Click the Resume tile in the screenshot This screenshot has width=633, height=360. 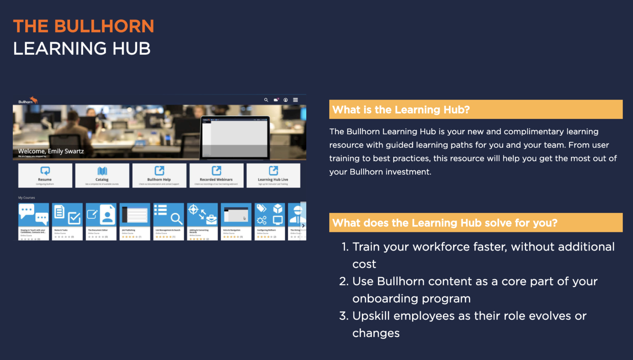point(45,175)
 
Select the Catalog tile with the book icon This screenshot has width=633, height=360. point(102,175)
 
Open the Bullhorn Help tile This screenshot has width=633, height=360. point(159,175)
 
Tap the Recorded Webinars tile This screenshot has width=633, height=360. point(216,175)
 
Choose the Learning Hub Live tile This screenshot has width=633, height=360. point(273,175)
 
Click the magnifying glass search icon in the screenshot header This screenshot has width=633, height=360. point(266,100)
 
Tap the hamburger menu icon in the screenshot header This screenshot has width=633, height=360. point(295,100)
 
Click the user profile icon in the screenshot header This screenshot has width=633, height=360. point(286,100)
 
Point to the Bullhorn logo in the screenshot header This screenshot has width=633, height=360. point(28,101)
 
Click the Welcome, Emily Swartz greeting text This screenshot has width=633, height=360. point(51,151)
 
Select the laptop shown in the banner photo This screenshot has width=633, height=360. point(235,138)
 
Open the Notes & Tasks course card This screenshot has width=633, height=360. point(67,221)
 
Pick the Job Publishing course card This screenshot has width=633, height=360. point(135,221)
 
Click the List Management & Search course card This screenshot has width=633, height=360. point(169,221)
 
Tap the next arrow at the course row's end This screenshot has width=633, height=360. point(303,226)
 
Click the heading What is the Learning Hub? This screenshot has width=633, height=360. point(401,110)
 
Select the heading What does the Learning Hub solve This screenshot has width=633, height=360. point(445,223)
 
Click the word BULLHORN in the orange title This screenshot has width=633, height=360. point(104,26)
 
